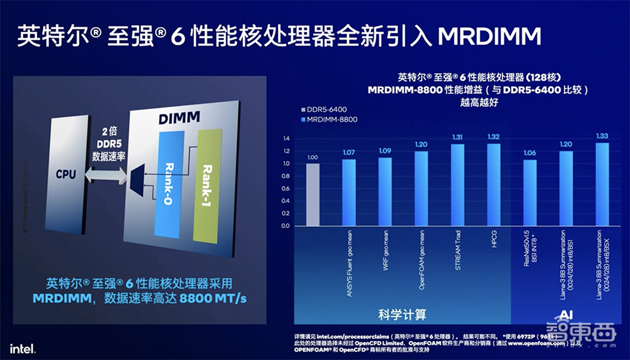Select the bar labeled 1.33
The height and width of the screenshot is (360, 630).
pos(602,184)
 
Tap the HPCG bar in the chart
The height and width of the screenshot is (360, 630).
pos(493,184)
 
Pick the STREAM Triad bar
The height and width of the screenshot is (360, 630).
pos(457,185)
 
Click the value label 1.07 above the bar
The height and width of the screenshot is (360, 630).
pos(348,153)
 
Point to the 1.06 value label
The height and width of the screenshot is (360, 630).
pos(529,153)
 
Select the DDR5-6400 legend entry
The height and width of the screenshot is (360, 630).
pos(325,109)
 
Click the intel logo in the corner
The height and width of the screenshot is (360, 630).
pos(21,347)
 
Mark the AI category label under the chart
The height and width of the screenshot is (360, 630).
pos(564,313)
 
